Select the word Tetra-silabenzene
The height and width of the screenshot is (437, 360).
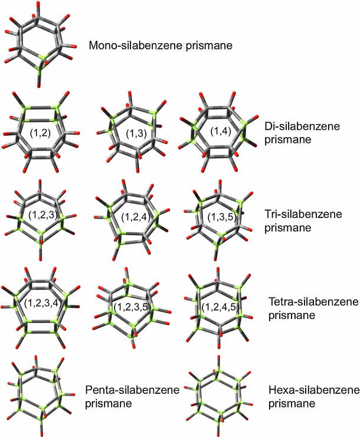tap(313, 302)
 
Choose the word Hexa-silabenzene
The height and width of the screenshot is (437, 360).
tap(313, 391)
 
